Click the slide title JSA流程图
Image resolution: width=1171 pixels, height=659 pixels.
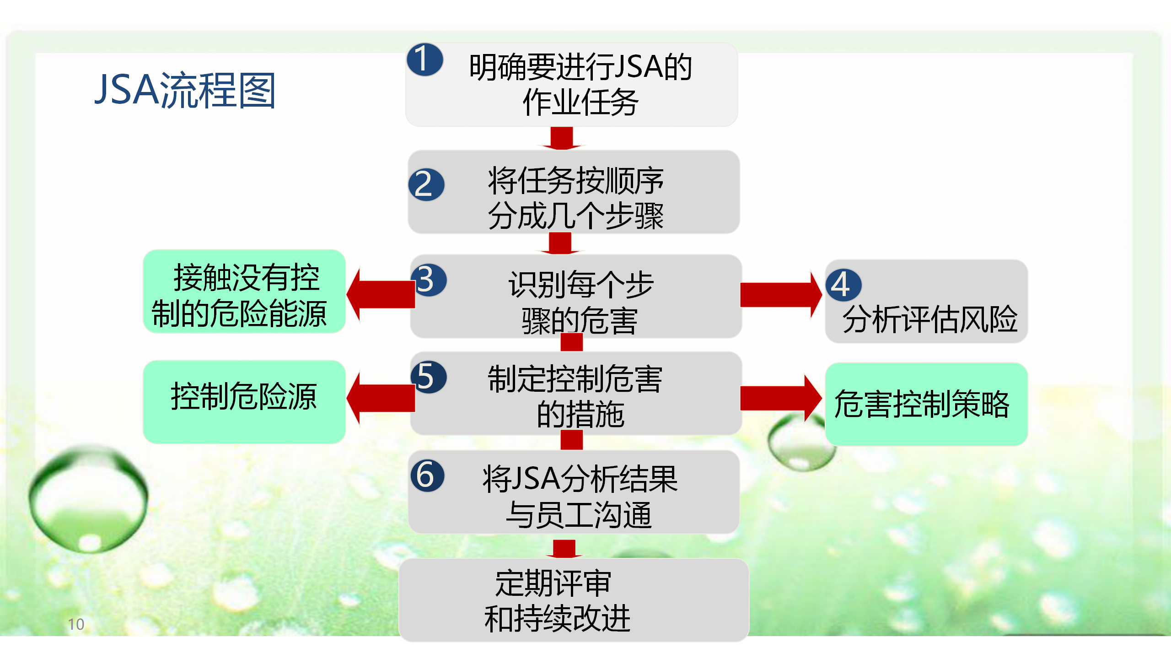[185, 90]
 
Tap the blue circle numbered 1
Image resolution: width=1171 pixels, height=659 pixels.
[425, 59]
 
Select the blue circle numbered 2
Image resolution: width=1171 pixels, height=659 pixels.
[426, 185]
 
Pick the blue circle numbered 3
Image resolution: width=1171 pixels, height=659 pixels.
[429, 280]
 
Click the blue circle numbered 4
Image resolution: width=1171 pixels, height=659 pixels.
[843, 285]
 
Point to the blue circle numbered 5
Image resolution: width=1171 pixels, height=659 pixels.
[429, 377]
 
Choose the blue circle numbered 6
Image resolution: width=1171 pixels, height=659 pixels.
[428, 475]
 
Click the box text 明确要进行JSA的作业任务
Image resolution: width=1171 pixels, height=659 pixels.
[580, 85]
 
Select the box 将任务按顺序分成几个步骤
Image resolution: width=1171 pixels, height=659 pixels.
[574, 192]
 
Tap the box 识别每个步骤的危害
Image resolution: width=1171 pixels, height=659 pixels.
[576, 297]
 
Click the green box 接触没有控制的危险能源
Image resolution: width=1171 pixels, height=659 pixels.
[244, 292]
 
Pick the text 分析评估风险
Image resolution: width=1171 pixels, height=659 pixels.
[930, 319]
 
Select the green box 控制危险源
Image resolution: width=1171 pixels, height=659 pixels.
[244, 402]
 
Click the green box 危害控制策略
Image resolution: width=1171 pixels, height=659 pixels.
[926, 404]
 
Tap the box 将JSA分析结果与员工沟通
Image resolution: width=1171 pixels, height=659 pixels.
[574, 492]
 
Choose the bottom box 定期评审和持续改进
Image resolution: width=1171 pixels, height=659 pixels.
[574, 600]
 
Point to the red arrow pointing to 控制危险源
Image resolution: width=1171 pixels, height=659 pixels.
[381, 398]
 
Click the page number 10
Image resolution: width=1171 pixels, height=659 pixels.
[76, 624]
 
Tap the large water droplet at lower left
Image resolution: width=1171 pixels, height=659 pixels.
[88, 499]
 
